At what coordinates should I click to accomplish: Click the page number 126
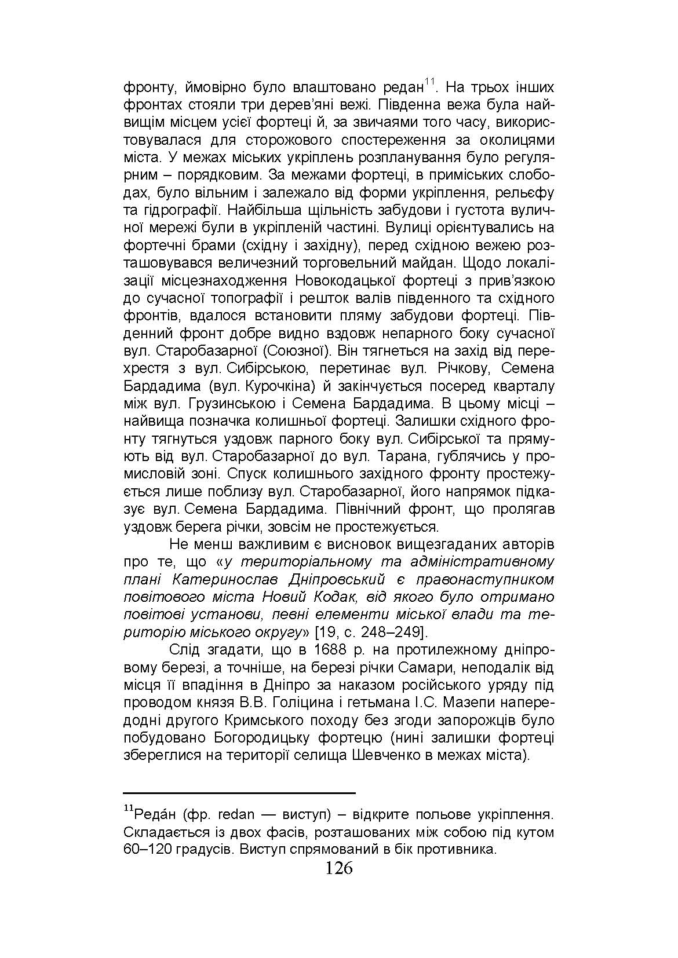[339, 868]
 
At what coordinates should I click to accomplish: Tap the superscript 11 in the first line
[429, 83]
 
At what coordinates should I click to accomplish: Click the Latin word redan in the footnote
[236, 815]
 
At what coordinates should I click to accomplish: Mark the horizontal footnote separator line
[239, 792]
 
